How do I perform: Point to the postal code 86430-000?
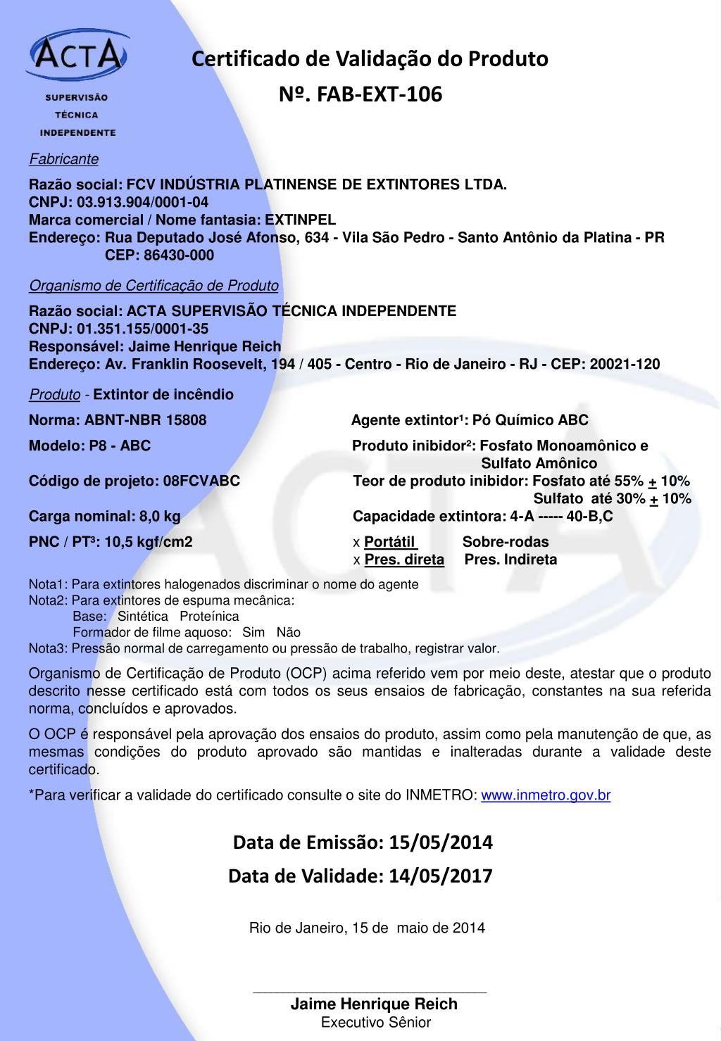pyautogui.click(x=179, y=255)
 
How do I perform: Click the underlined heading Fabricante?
pyautogui.click(x=63, y=159)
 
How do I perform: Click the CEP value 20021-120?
pyautogui.click(x=625, y=364)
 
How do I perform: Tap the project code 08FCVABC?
pyautogui.click(x=201, y=481)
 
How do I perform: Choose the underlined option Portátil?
pyautogui.click(x=390, y=542)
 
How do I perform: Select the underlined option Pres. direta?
pyautogui.click(x=404, y=560)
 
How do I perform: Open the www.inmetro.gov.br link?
pyautogui.click(x=546, y=795)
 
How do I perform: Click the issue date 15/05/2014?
pyautogui.click(x=441, y=842)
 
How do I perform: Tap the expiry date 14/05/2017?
pyautogui.click(x=440, y=876)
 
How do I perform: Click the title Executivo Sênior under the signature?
pyautogui.click(x=375, y=1022)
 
